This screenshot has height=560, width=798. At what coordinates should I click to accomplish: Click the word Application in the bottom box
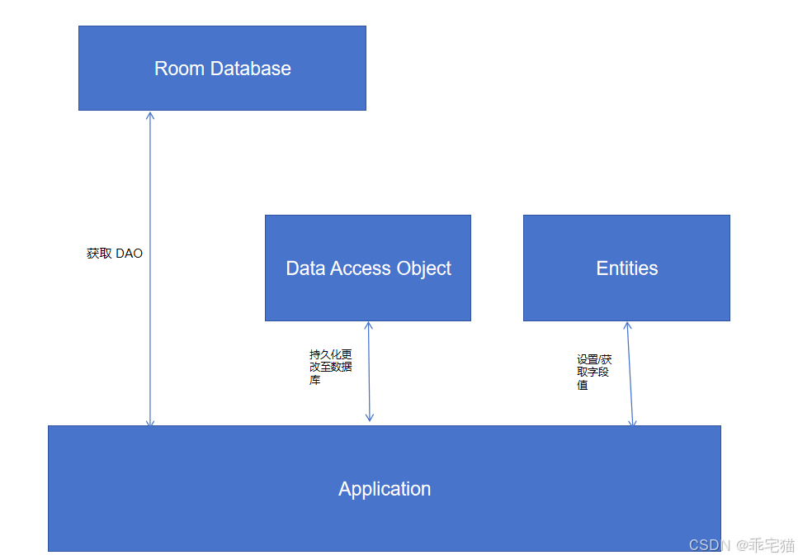tap(385, 489)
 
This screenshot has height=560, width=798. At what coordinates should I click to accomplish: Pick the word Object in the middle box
tap(420, 268)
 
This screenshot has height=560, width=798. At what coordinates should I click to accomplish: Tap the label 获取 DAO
tap(115, 254)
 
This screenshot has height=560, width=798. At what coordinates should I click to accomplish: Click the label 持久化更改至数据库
tap(330, 367)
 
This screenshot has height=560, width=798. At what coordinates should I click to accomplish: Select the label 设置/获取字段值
tap(594, 372)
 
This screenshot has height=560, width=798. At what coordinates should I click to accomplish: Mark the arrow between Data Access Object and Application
tap(369, 372)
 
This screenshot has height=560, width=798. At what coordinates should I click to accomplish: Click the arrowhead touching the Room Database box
tap(150, 116)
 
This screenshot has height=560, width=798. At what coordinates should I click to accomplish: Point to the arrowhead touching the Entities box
tap(628, 326)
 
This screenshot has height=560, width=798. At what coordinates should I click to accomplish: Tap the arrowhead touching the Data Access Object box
tap(368, 326)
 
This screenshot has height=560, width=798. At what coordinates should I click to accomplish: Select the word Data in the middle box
tap(304, 268)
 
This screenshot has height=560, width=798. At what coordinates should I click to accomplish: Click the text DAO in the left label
tap(129, 254)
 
